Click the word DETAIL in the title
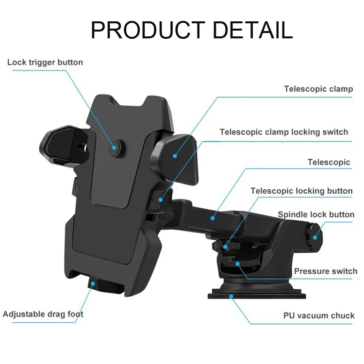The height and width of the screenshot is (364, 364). click(x=252, y=30)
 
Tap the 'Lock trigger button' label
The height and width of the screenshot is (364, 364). click(x=45, y=62)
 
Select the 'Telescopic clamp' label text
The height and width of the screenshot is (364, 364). click(x=318, y=89)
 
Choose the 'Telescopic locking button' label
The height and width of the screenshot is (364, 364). click(x=301, y=191)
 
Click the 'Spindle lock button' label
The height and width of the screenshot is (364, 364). click(x=316, y=215)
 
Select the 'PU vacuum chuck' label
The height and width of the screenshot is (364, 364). click(x=319, y=315)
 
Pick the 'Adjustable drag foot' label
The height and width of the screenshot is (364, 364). click(x=43, y=314)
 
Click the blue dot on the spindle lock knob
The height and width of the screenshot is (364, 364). click(x=315, y=237)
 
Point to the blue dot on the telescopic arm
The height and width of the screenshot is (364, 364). click(x=212, y=218)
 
